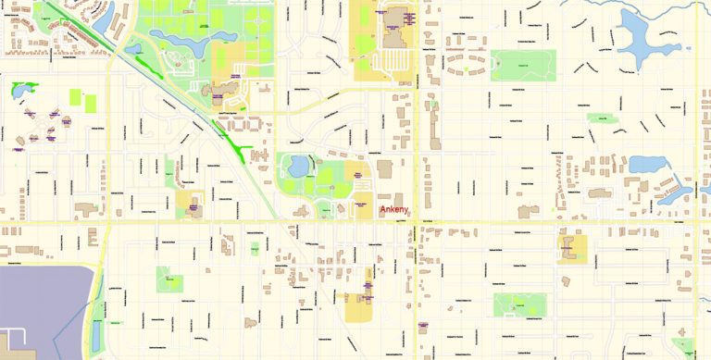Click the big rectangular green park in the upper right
click(x=522, y=65)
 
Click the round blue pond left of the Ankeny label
click(x=299, y=167)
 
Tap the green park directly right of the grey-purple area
click(x=168, y=279)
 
